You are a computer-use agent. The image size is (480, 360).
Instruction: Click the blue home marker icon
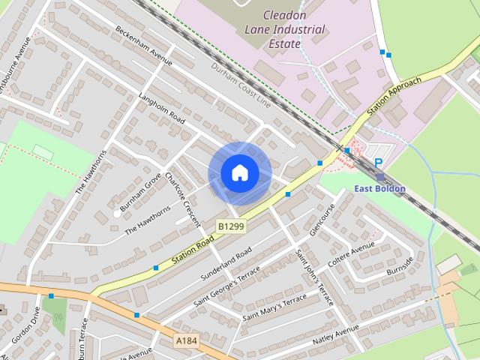click(239, 173)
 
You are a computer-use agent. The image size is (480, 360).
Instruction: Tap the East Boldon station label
click(380, 189)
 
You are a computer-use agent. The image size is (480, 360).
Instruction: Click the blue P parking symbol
click(379, 163)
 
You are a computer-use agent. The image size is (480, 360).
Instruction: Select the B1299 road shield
click(232, 225)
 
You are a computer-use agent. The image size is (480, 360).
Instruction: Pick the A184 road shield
click(187, 341)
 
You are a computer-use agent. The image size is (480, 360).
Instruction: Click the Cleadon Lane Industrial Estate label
click(285, 30)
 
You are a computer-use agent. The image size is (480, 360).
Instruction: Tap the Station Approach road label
click(395, 95)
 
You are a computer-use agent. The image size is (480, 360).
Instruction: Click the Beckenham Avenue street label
click(143, 46)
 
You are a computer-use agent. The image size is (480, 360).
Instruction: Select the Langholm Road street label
click(162, 108)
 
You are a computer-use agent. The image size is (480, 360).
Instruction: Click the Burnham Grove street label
click(140, 191)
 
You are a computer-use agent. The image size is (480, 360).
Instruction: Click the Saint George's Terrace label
click(226, 285)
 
